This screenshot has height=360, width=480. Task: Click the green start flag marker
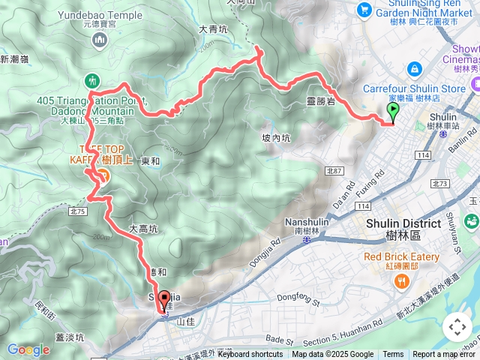pos(394,112)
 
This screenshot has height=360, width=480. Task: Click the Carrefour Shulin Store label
pos(414,88)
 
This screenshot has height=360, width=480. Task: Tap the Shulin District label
pos(403,224)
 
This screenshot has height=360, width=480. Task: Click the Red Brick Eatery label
pos(401,257)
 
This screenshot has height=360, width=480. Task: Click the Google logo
pos(28,349)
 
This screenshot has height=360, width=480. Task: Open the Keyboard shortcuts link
pos(250,354)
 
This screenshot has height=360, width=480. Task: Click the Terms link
pos(393,354)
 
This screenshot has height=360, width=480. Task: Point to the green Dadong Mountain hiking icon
pos(92,79)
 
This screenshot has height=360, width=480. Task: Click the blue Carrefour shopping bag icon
pos(414,70)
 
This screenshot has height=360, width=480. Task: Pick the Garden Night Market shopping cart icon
pos(364,9)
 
